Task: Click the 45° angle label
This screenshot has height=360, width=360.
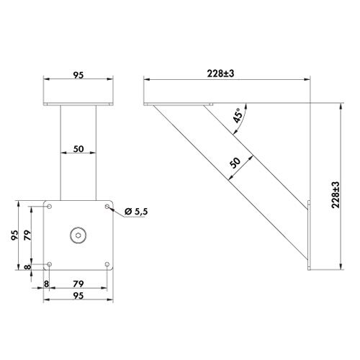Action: (x=238, y=116)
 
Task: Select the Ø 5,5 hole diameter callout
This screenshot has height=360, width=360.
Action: (x=136, y=212)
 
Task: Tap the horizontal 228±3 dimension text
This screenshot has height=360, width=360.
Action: (x=220, y=73)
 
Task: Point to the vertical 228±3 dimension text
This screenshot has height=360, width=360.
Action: (x=336, y=195)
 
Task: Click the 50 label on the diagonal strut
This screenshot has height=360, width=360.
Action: (x=235, y=163)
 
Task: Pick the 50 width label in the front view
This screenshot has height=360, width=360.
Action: (x=78, y=149)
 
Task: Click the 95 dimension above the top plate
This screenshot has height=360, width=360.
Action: (x=78, y=75)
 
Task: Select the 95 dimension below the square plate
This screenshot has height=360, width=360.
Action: (x=78, y=296)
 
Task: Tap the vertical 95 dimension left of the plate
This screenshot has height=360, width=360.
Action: (x=14, y=235)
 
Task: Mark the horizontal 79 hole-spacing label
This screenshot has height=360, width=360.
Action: (x=78, y=284)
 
